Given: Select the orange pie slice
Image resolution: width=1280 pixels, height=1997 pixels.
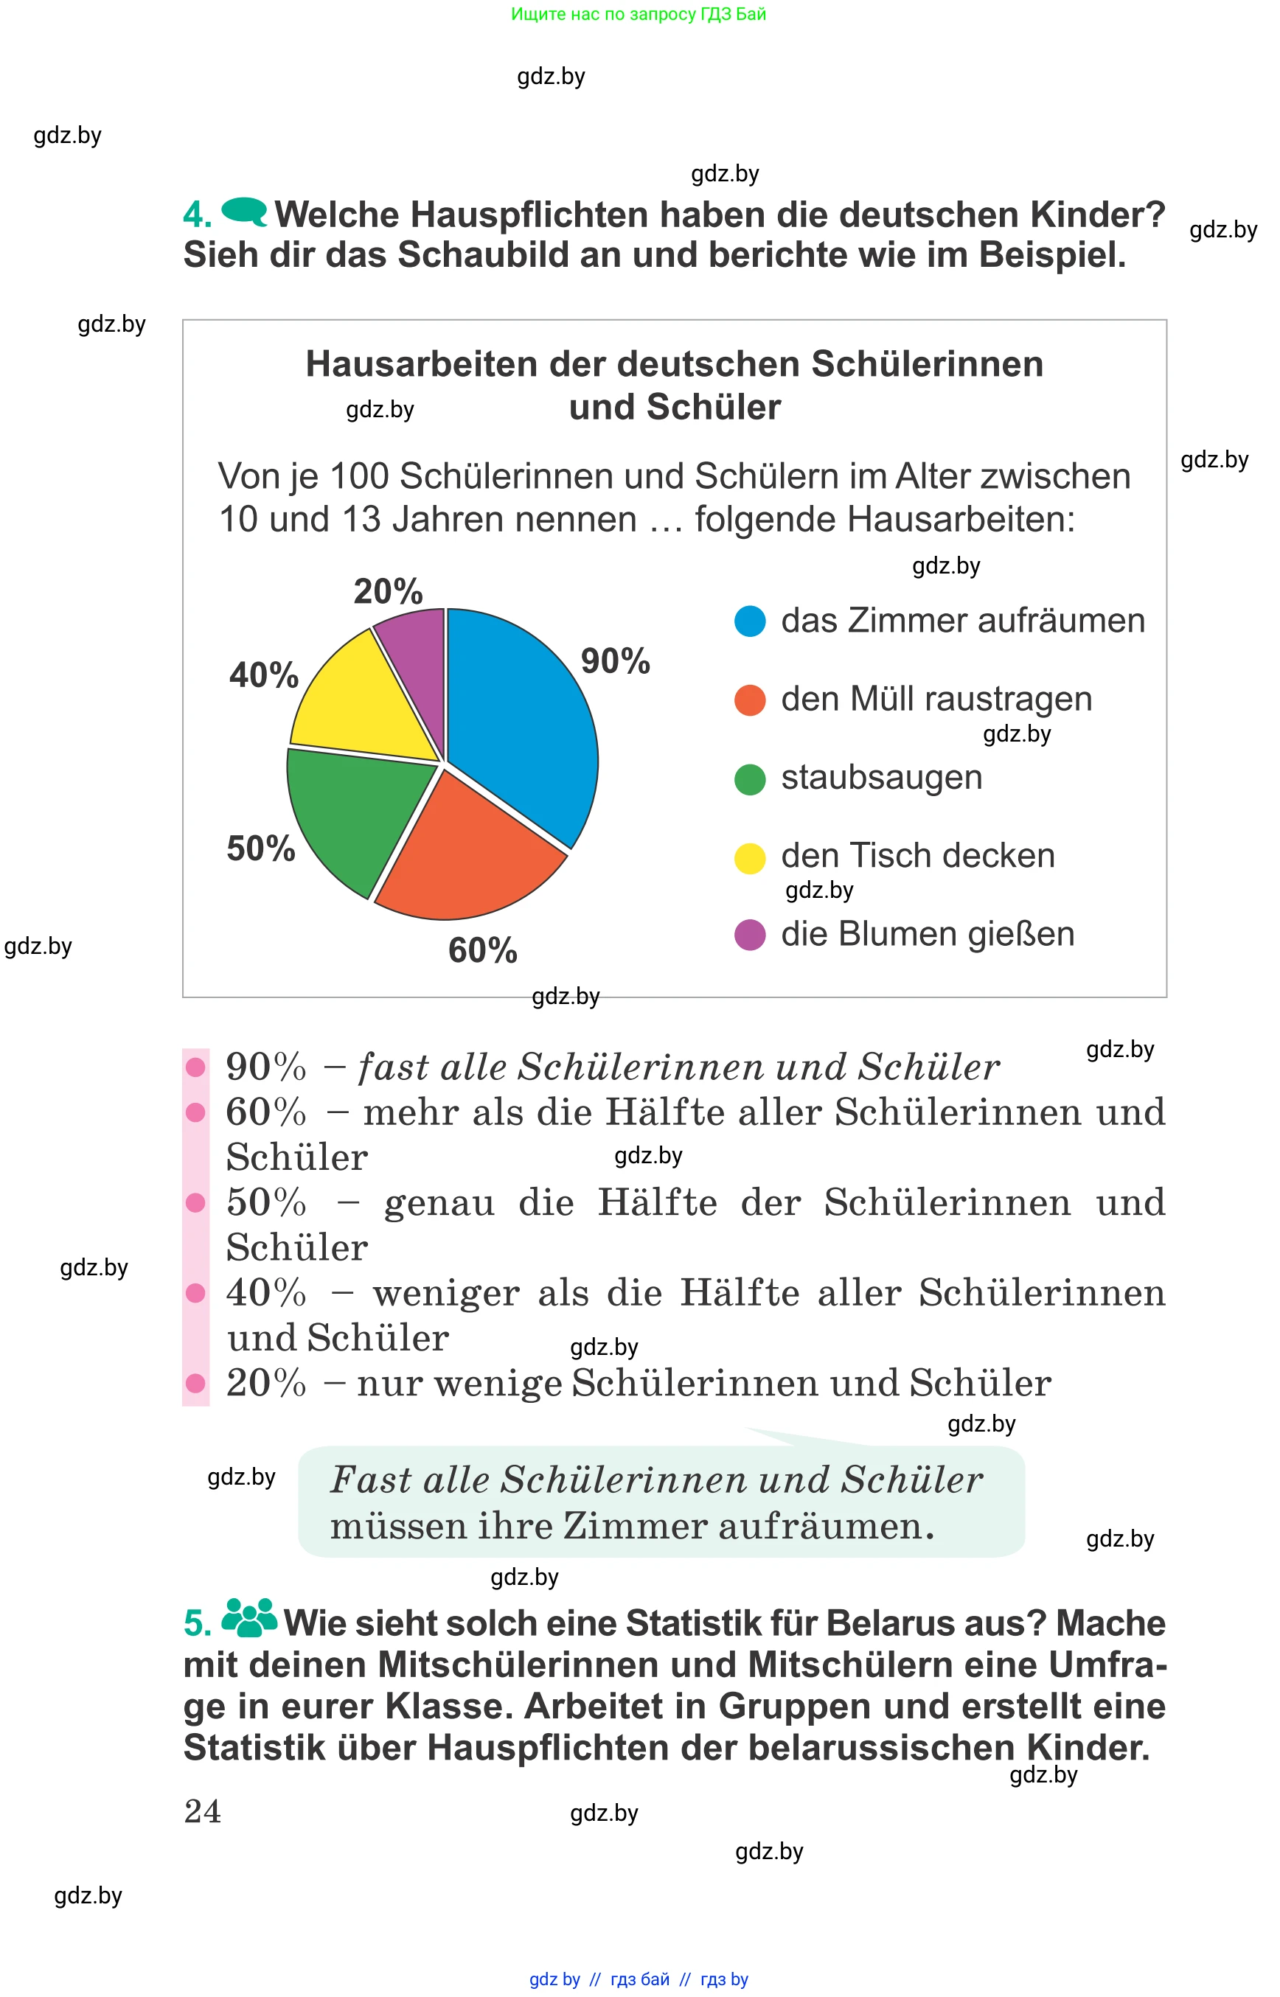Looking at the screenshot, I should (470, 856).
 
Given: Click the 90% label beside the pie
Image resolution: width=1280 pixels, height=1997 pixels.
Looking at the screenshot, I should (615, 661).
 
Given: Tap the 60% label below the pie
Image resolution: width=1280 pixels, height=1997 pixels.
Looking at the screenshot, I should (482, 950).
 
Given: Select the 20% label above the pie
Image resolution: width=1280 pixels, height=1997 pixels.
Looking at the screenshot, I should (388, 592).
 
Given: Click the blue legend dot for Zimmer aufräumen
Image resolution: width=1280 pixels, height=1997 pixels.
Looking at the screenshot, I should (750, 621).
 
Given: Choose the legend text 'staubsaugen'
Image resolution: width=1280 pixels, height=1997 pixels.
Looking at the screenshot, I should (881, 778).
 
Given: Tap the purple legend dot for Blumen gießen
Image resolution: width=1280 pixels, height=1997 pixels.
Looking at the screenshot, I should (750, 935).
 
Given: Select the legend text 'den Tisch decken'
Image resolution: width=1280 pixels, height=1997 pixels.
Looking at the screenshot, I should (918, 856).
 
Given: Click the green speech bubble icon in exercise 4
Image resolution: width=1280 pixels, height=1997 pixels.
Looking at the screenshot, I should (244, 211).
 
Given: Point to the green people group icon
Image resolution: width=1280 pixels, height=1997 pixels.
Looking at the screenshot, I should (249, 1617).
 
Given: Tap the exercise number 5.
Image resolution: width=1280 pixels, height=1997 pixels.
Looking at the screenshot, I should (197, 1624).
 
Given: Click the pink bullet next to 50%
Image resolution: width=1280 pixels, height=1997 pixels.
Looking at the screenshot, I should (196, 1202).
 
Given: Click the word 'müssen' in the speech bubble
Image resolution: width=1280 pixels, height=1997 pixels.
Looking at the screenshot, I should (399, 1527).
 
